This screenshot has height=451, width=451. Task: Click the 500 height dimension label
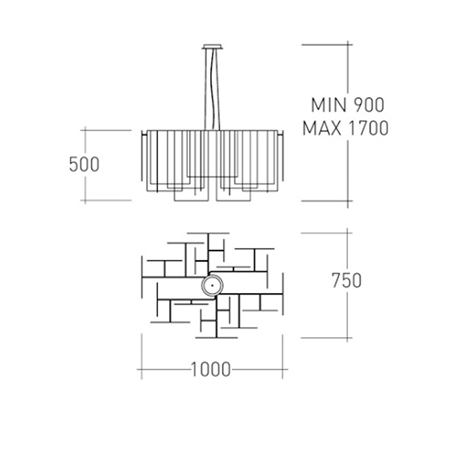85,164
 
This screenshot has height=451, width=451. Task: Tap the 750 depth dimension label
346,280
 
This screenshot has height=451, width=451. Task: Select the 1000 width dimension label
211,370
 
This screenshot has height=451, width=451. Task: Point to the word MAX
322,128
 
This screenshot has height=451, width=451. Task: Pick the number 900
369,105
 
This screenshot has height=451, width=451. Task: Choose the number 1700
369,128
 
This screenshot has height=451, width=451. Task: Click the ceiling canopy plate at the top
213,47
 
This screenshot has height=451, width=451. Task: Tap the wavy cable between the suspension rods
213,89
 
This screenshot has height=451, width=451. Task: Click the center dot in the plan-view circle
212,285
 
